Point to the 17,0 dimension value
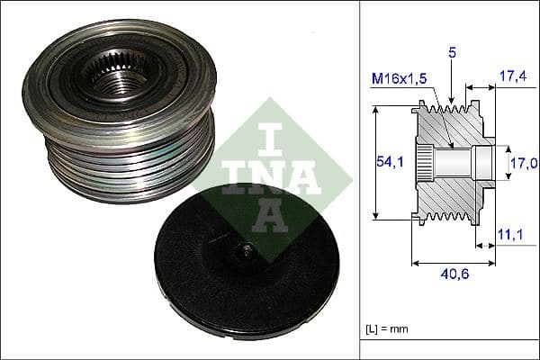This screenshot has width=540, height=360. [523, 163]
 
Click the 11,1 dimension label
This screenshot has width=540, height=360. [508, 234]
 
